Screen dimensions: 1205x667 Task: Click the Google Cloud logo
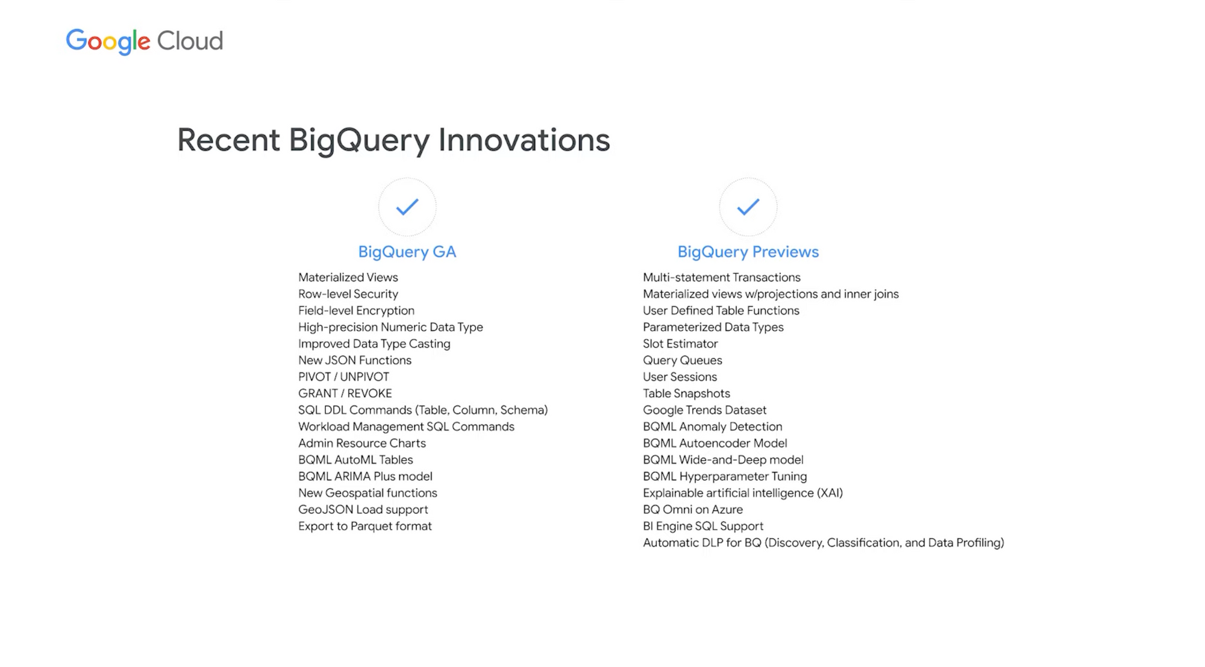point(145,42)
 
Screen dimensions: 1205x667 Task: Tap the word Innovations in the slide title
point(524,140)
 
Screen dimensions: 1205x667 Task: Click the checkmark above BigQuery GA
point(407,207)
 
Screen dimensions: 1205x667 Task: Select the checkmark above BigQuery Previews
point(748,207)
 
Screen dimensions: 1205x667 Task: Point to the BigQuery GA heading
point(407,252)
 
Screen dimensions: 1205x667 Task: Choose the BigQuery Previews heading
point(748,252)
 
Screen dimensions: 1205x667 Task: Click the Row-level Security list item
point(348,294)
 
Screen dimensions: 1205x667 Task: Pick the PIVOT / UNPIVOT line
point(343,377)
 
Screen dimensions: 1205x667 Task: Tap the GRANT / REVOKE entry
point(345,393)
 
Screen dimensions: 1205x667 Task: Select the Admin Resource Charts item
point(362,443)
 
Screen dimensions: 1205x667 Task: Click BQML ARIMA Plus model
point(365,476)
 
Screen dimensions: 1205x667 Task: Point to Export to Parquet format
point(365,526)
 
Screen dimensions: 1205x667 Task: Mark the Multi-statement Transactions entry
point(722,277)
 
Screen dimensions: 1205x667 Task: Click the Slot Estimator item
point(680,343)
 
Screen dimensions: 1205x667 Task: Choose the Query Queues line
point(683,360)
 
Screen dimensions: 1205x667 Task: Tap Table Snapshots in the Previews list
point(686,393)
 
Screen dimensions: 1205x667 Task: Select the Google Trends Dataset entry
point(704,410)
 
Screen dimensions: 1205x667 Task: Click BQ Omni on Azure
point(693,509)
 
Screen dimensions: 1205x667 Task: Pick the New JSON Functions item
point(355,360)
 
